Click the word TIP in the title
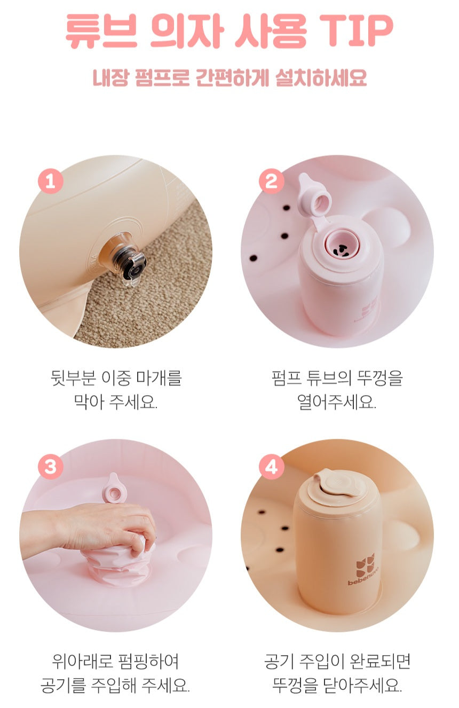tap(356, 30)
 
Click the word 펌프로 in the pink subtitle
tap(162, 77)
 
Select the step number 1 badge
tap(51, 181)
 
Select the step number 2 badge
tap(271, 181)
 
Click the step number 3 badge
tap(51, 467)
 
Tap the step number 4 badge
tap(271, 467)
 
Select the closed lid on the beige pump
tap(339, 487)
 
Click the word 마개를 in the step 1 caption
tap(159, 377)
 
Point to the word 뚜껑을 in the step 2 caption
tap(379, 377)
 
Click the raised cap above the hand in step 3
tap(114, 489)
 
